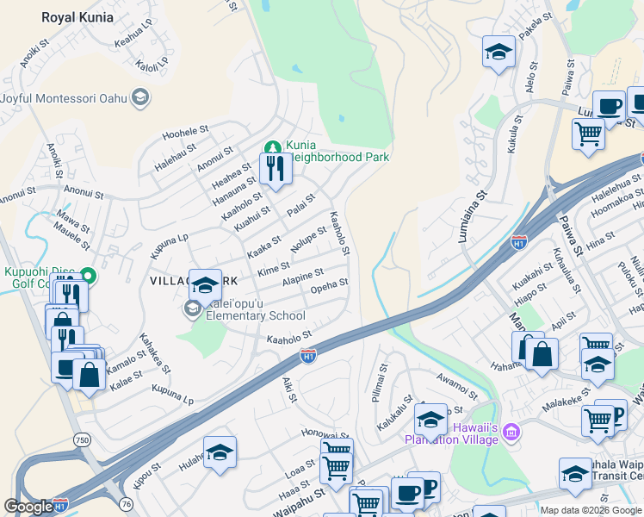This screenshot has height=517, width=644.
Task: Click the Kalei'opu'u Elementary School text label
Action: point(251,315)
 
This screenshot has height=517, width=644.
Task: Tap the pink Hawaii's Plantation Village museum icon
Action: point(511,429)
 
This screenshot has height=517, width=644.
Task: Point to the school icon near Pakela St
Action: point(498,53)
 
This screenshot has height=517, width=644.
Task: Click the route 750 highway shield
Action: point(82,439)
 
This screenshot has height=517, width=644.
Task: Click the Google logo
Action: point(28,507)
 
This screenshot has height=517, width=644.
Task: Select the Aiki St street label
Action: point(290,389)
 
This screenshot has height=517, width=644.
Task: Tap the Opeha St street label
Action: point(329,285)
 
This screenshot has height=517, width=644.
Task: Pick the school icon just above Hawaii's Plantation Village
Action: point(430,420)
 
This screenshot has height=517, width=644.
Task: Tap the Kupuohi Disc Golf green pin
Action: point(86,275)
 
